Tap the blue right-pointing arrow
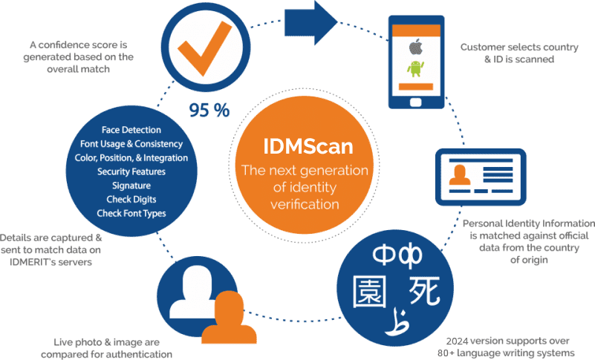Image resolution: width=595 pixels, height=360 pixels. (310, 23)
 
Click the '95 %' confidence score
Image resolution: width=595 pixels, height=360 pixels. (209, 111)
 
